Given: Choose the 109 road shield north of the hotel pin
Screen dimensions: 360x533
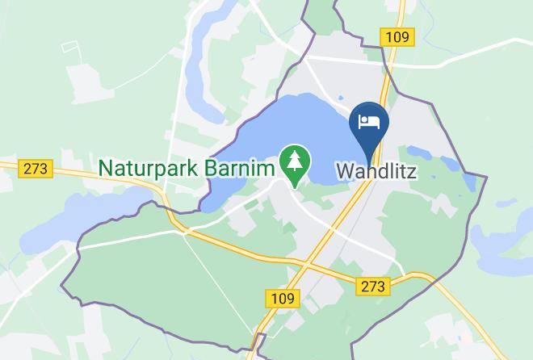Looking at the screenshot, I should (397, 36).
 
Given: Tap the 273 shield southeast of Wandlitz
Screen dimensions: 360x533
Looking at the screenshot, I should (374, 286).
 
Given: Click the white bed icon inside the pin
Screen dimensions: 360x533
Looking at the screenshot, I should (369, 122).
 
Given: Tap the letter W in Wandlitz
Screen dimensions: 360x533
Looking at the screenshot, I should (345, 171).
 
